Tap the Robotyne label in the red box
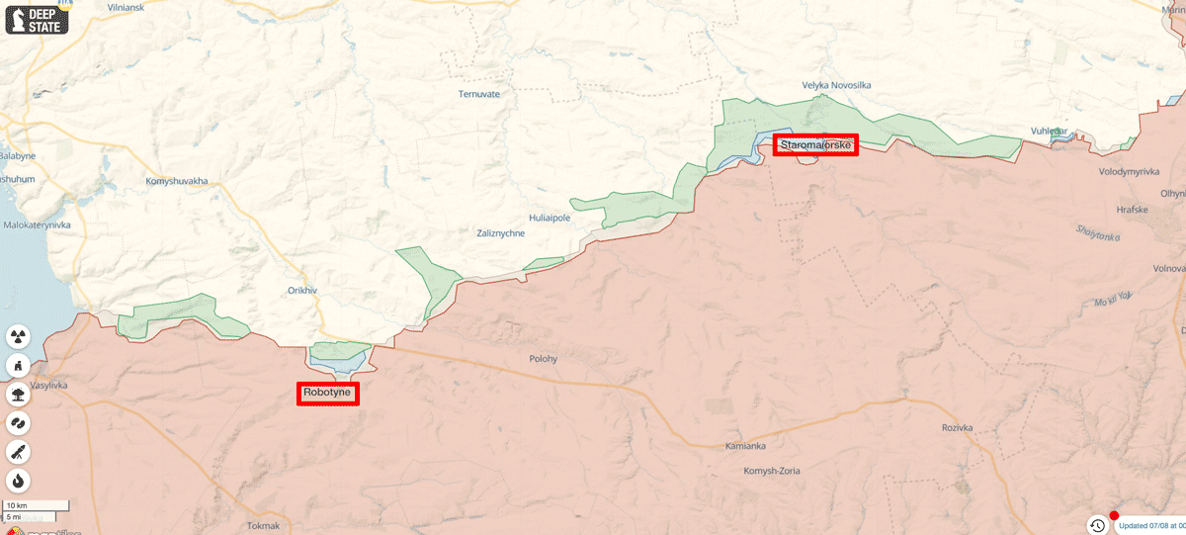click(327, 393)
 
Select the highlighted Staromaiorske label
click(815, 145)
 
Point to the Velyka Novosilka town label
click(836, 85)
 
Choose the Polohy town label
click(544, 359)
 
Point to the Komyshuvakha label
click(177, 181)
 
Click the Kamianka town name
click(745, 446)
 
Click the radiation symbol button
click(18, 337)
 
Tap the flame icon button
click(18, 481)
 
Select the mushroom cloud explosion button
click(18, 395)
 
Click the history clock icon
click(1097, 525)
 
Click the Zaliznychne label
click(500, 233)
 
